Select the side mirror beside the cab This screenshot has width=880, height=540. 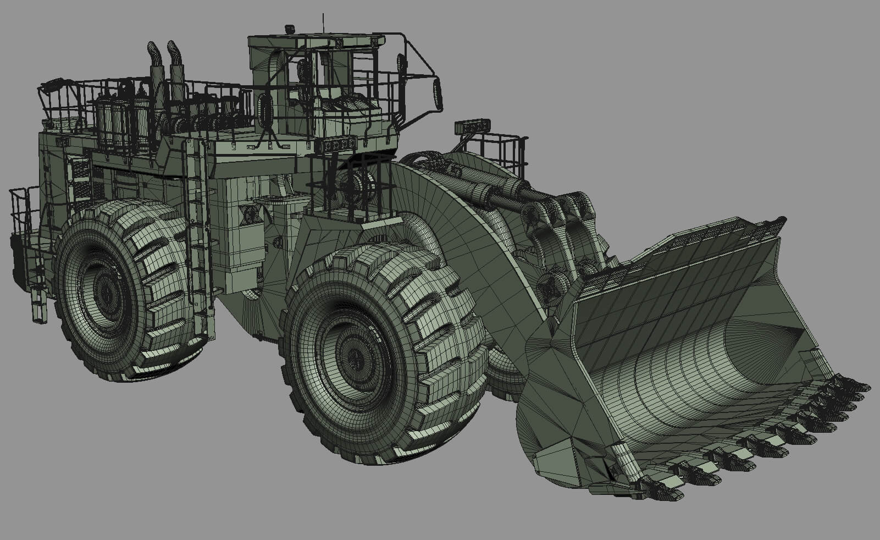tap(438, 93)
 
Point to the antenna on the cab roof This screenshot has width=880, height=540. tap(323, 22)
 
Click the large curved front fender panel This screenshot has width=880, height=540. tap(440, 220)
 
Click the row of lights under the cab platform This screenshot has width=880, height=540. tap(337, 145)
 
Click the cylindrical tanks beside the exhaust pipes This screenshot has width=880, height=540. tap(118, 124)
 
